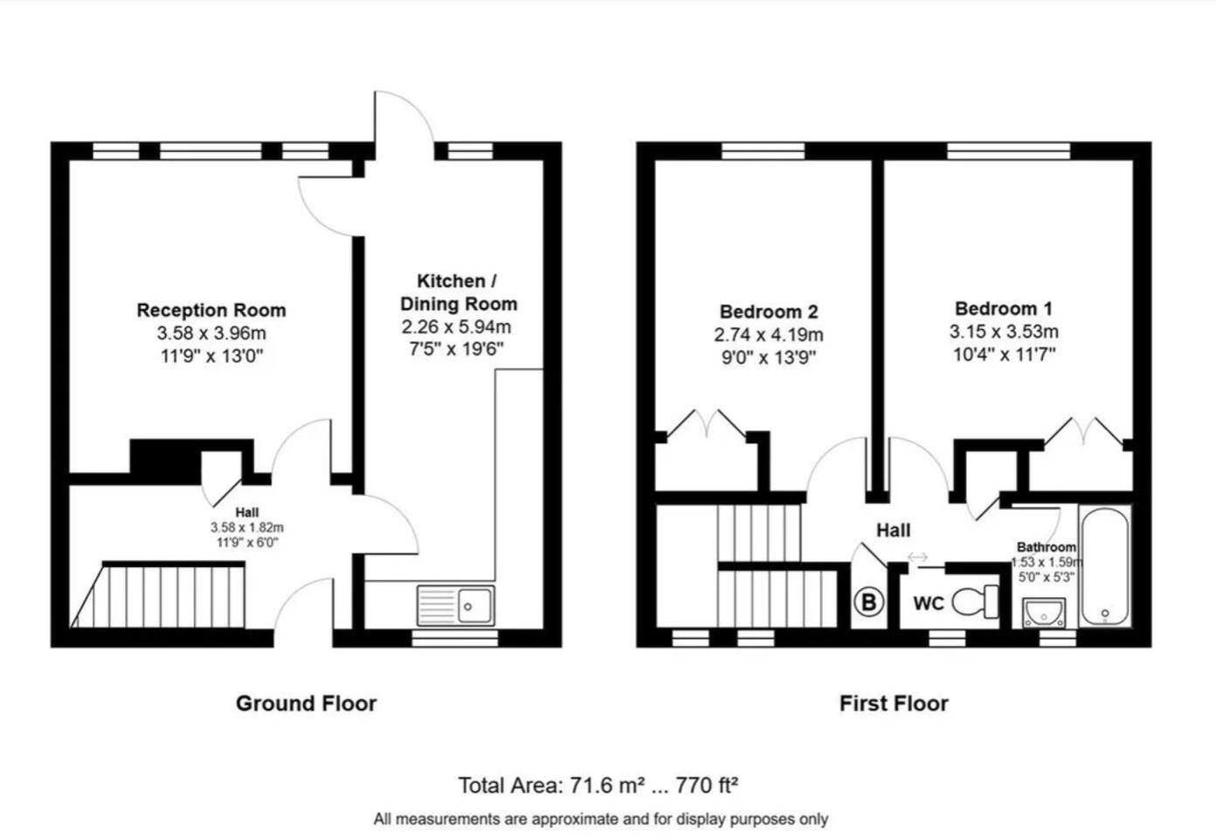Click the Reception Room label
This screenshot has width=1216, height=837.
click(211, 310)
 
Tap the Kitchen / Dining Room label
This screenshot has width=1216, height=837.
click(458, 292)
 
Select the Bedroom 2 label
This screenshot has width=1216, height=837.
click(769, 312)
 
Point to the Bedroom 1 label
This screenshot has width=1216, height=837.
click(1004, 308)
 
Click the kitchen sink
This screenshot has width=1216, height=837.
click(455, 605)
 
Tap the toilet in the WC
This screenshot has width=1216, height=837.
click(975, 601)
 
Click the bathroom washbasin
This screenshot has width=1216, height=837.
click(1045, 613)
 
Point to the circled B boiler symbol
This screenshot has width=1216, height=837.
click(868, 602)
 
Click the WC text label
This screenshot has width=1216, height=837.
click(928, 603)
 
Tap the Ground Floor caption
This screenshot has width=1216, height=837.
click(306, 703)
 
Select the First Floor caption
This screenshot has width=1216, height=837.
click(894, 703)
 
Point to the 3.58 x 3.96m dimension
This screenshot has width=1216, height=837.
click(211, 333)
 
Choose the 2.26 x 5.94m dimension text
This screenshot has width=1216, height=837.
click(456, 327)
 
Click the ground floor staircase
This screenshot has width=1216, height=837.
click(166, 595)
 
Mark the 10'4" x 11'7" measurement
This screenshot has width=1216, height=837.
click(1004, 354)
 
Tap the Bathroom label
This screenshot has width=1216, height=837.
click(1046, 547)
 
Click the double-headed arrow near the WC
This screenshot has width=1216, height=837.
click(917, 557)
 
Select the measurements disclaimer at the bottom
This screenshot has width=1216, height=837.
click(601, 819)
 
